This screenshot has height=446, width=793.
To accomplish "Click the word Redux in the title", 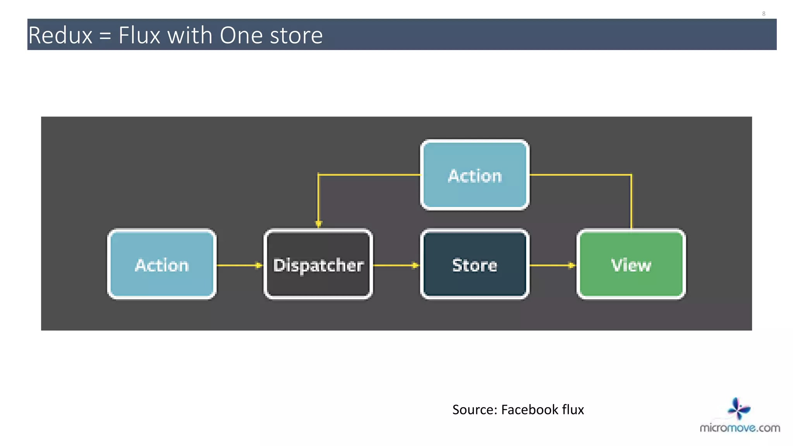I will coord(60,35).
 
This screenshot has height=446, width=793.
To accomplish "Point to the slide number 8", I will coord(764,14).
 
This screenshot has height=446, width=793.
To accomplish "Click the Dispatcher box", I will coord(318,264).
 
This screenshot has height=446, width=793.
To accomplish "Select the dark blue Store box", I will coord(475,264).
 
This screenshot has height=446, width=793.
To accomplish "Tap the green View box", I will coord(631,264).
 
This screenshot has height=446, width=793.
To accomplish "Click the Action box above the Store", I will coord(475,175).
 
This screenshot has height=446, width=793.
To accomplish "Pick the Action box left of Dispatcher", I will coord(162,264).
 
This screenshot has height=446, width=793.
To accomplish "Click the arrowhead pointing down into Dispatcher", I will coord(318,223).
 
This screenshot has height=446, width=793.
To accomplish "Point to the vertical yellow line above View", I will coord(631,201).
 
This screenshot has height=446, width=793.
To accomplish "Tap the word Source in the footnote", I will coord(474,410).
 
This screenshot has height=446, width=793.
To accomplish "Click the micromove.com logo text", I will coord(740,428).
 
